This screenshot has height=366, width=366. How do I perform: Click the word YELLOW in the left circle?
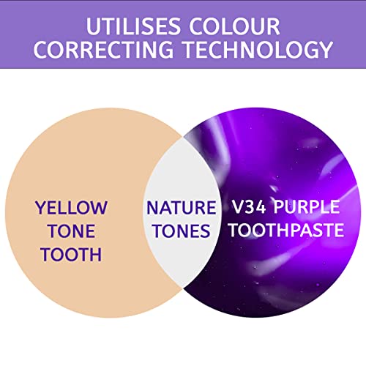click(x=70, y=208)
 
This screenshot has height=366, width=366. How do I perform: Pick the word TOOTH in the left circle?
click(x=70, y=255)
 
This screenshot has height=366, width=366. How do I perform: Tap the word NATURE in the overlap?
click(x=180, y=208)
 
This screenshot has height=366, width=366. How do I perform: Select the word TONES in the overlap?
click(x=180, y=231)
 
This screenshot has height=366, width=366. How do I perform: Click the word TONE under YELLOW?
click(x=70, y=231)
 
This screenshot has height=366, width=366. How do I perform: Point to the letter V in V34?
click(x=236, y=208)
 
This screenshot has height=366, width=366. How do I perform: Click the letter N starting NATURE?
click(x=152, y=208)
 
